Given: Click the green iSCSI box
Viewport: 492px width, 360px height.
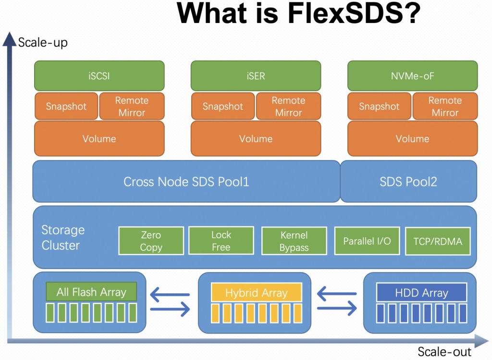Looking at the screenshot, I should [99, 75].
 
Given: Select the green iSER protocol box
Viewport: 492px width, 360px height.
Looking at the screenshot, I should [256, 75].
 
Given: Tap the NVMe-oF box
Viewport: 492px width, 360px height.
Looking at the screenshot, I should [412, 75].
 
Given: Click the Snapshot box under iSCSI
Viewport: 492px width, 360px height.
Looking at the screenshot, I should [66, 106].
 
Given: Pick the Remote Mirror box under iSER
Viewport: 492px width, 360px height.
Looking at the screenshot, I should [288, 106].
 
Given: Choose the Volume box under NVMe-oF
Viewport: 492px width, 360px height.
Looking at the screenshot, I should [412, 138].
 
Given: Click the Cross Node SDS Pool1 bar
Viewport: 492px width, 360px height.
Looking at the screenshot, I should [186, 182].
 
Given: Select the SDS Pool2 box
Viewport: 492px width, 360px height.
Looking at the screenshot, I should [408, 182].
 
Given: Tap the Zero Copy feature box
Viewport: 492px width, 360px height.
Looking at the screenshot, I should [151, 241].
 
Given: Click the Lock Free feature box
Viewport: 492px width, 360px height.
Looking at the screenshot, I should [221, 241].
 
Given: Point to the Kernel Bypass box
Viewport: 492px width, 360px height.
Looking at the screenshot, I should [294, 241].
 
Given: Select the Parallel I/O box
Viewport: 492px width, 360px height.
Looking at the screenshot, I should [367, 241].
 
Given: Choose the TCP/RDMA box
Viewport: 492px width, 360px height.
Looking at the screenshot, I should [438, 241].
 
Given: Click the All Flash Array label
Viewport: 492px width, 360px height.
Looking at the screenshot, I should [91, 292].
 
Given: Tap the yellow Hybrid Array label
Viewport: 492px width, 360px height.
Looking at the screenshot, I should [256, 293].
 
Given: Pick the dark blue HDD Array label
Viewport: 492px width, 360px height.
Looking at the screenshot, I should [421, 293].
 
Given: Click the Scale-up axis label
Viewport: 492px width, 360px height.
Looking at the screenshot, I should [43, 42].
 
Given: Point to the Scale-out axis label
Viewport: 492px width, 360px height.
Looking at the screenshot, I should [444, 351].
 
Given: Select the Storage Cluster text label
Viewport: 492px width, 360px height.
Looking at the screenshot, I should [63, 237].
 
